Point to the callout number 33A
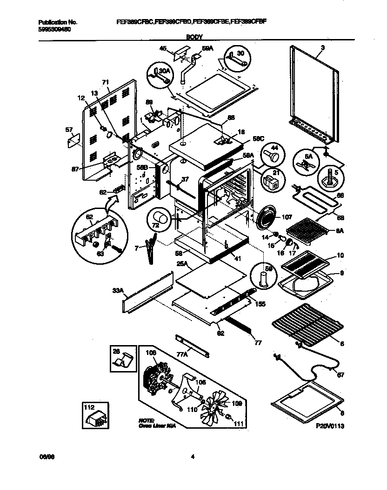(118, 291)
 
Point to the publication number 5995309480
(55, 29)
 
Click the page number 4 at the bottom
(193, 457)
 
